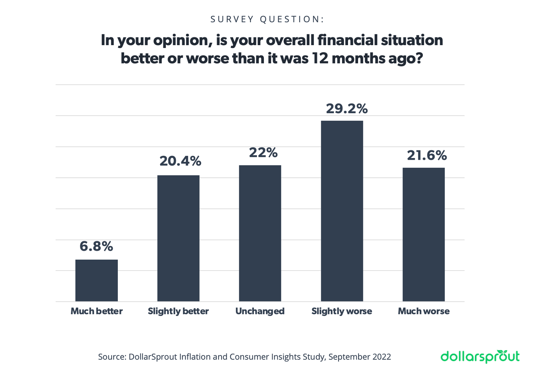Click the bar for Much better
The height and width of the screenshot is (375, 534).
96,280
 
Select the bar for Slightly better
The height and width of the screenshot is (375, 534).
178,238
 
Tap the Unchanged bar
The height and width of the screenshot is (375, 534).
260,233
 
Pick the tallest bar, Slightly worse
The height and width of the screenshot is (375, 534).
342,211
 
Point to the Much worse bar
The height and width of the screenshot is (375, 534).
423,234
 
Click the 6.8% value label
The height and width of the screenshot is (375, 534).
96,247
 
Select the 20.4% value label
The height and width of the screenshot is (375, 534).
180,161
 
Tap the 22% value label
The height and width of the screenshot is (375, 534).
263,152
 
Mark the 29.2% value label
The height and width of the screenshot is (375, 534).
347,109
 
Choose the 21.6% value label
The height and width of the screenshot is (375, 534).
427,155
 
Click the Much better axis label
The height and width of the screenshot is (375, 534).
96,311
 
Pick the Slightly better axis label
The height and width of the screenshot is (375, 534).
178,311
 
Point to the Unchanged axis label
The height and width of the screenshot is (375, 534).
260,311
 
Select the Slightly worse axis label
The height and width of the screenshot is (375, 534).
342,311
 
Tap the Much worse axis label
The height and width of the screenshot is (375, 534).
423,311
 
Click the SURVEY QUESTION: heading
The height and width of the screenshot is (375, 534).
267,19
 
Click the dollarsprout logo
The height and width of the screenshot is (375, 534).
480,356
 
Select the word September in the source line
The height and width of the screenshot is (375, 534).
344,357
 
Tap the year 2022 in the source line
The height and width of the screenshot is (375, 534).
382,357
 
